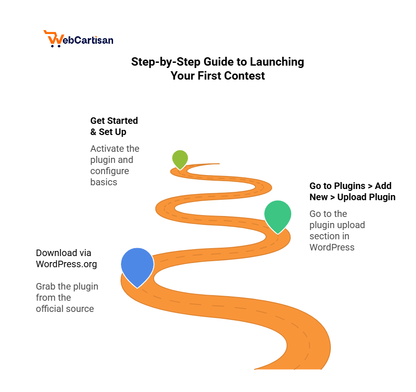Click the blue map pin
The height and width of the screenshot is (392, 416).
[137, 264]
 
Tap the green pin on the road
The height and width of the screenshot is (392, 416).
[278, 215]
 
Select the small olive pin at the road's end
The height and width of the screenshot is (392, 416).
[180, 158]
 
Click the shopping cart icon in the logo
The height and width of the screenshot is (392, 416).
[54, 39]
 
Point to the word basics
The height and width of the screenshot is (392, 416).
[104, 182]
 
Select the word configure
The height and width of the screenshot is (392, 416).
[110, 171]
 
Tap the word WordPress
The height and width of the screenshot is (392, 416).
[332, 248]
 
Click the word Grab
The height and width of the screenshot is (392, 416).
[46, 286]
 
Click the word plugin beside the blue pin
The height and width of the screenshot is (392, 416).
[70, 287]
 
